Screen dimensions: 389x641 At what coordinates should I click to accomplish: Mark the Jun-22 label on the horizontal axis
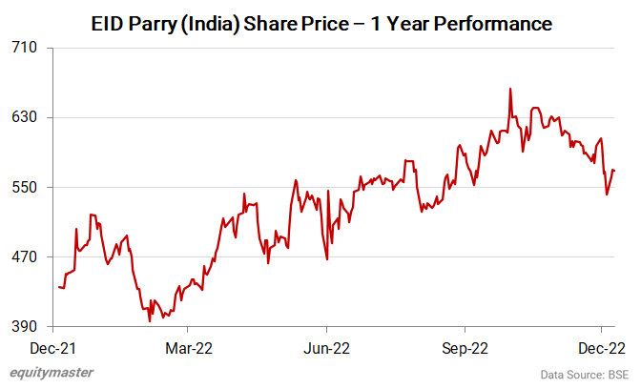[326, 348]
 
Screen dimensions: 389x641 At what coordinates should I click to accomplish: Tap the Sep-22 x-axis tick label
[465, 348]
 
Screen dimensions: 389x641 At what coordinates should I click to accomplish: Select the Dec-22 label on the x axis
[603, 348]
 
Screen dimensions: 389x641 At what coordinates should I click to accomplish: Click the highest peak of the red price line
[510, 89]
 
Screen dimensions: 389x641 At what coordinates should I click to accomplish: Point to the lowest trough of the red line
[150, 321]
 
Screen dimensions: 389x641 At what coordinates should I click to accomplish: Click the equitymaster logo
[52, 373]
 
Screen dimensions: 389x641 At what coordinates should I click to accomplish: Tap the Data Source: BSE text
[584, 374]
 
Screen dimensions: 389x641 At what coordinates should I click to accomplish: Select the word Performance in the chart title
[495, 23]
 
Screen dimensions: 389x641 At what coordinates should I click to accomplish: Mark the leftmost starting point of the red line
[58, 287]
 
